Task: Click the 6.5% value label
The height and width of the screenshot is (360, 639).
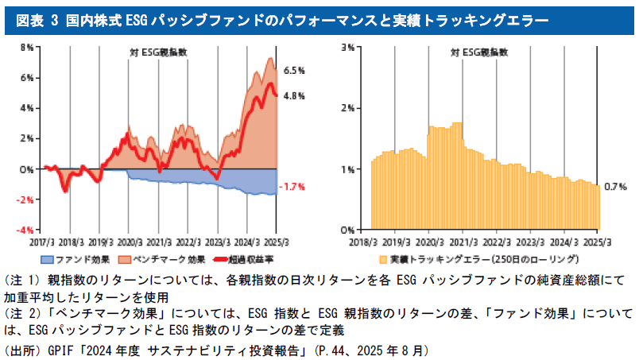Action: pyautogui.click(x=295, y=72)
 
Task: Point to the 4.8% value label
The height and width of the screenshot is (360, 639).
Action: pyautogui.click(x=295, y=96)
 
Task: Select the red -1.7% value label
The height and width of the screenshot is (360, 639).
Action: pyautogui.click(x=294, y=187)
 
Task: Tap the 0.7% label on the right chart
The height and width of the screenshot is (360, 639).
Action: pyautogui.click(x=616, y=187)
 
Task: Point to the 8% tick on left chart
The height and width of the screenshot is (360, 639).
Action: pyautogui.click(x=27, y=48)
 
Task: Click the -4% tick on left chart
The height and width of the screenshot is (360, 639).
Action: pyautogui.click(x=25, y=230)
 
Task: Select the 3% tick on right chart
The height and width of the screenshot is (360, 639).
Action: pyautogui.click(x=347, y=48)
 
